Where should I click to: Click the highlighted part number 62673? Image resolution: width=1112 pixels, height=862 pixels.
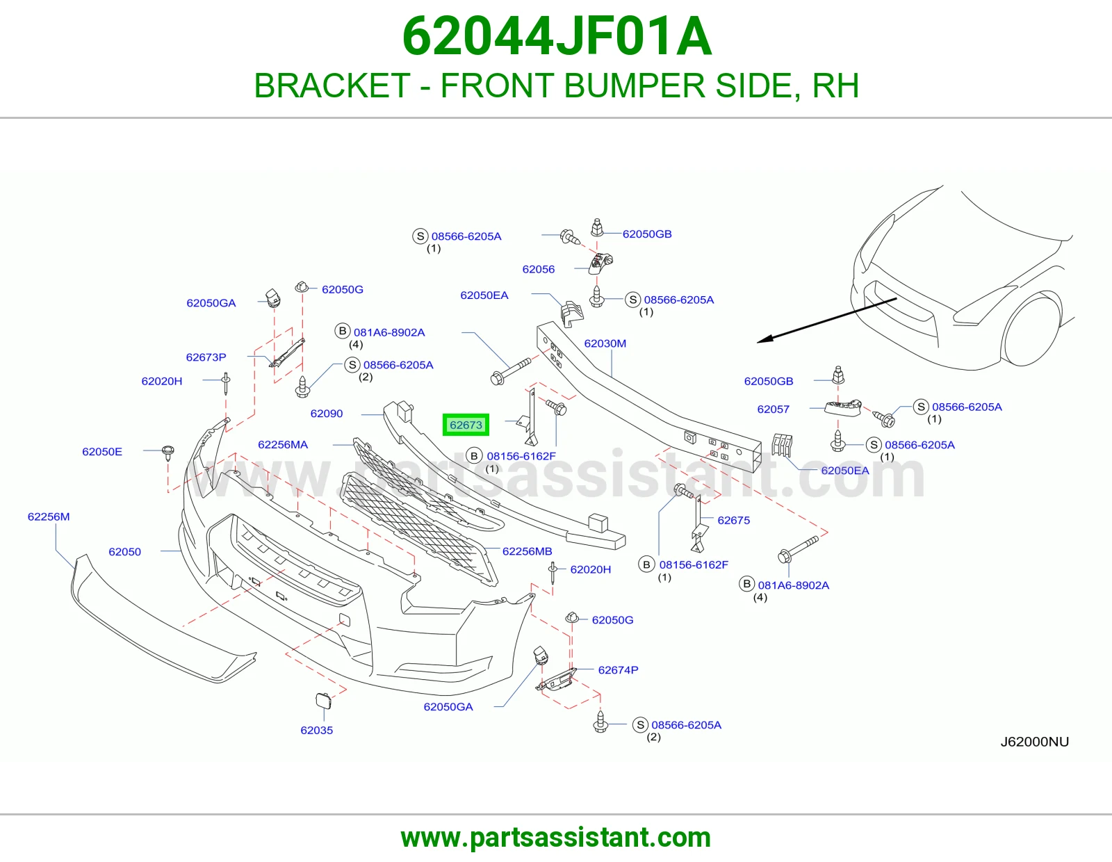pos(466,425)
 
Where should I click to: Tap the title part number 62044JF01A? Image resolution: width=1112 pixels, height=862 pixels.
pos(557,37)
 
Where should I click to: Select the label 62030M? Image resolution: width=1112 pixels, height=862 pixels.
pos(605,343)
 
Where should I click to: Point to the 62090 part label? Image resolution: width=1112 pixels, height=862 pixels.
pos(327,414)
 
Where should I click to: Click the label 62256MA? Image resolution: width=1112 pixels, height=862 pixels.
pos(283,445)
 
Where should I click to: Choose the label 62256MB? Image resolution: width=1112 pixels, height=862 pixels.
pos(527,551)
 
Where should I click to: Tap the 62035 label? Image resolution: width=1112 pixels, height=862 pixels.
pos(317,731)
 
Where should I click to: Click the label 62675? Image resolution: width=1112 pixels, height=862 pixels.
pos(734,521)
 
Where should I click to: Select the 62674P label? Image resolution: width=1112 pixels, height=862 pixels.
pos(618,670)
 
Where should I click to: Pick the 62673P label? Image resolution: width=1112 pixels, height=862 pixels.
pos(206,357)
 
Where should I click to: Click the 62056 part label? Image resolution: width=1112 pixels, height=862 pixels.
pos(539,269)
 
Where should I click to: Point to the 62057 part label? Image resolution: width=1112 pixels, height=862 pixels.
pos(774,409)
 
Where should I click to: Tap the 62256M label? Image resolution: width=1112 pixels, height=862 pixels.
pos(49,517)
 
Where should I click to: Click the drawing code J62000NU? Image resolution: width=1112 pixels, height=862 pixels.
pos(1035,742)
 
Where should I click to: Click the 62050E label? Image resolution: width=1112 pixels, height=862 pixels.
pos(102,452)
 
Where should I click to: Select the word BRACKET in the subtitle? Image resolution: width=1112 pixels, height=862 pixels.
pos(332,86)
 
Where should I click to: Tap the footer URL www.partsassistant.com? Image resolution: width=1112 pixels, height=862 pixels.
pos(556,838)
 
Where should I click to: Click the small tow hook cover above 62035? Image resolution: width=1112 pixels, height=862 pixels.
pos(323,701)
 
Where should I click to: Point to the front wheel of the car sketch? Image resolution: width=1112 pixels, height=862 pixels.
pos(1029,330)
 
